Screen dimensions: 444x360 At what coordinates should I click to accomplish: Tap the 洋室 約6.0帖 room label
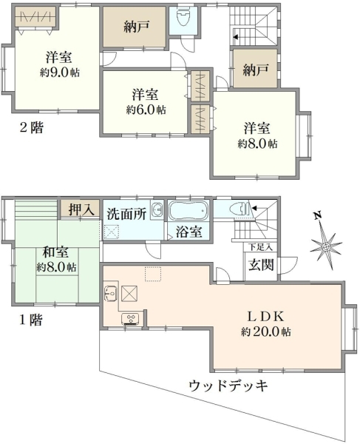pyautogui.click(x=146, y=101)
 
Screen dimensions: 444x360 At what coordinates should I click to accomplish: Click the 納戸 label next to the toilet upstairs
pyautogui.click(x=137, y=27)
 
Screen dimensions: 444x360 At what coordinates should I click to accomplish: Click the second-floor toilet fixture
pyautogui.click(x=183, y=18)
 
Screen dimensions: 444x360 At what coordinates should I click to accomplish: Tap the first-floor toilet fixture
pyautogui.click(x=238, y=209)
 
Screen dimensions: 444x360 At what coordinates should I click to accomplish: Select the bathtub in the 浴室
pyautogui.click(x=190, y=211)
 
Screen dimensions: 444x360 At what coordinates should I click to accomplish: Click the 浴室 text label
pyautogui.click(x=189, y=232)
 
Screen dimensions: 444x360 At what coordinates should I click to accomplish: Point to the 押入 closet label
pyautogui.click(x=80, y=209)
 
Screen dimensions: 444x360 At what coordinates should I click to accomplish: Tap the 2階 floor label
pyautogui.click(x=30, y=127)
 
